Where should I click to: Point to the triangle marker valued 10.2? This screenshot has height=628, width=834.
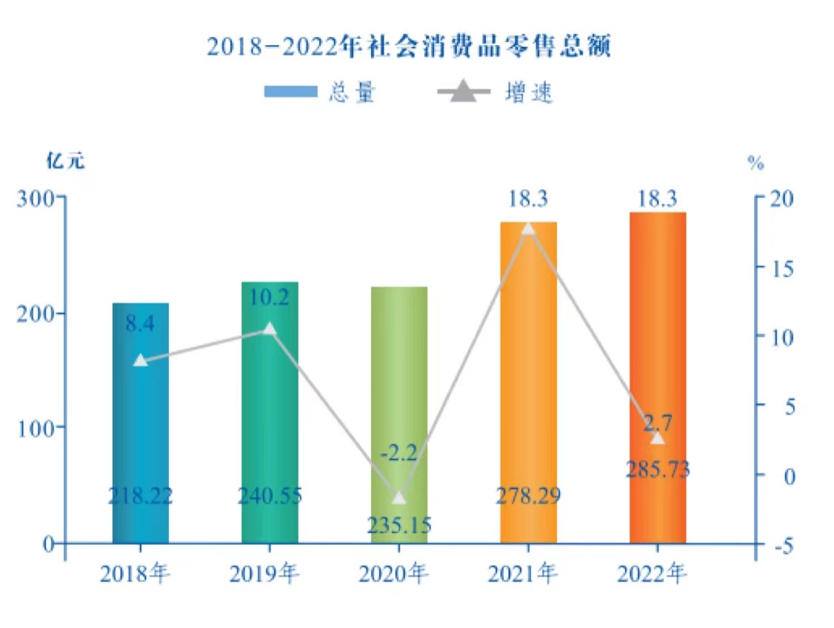pyautogui.click(x=270, y=329)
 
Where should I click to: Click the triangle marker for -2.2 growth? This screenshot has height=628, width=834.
pyautogui.click(x=399, y=497)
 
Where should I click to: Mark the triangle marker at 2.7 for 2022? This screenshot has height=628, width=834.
pyautogui.click(x=658, y=437)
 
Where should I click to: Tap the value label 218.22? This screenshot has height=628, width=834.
pyautogui.click(x=141, y=496)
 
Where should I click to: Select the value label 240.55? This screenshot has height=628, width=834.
pyautogui.click(x=270, y=496)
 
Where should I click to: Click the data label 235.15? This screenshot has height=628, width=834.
pyautogui.click(x=399, y=524)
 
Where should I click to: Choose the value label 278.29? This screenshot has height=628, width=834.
pyautogui.click(x=528, y=496)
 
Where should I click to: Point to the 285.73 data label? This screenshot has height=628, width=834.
pyautogui.click(x=658, y=469)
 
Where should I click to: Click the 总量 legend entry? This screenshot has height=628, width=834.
pyautogui.click(x=321, y=92)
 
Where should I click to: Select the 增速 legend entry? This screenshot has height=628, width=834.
pyautogui.click(x=495, y=92)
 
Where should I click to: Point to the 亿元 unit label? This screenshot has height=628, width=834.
pyautogui.click(x=66, y=162)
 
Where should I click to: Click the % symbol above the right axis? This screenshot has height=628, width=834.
pyautogui.click(x=755, y=164)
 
